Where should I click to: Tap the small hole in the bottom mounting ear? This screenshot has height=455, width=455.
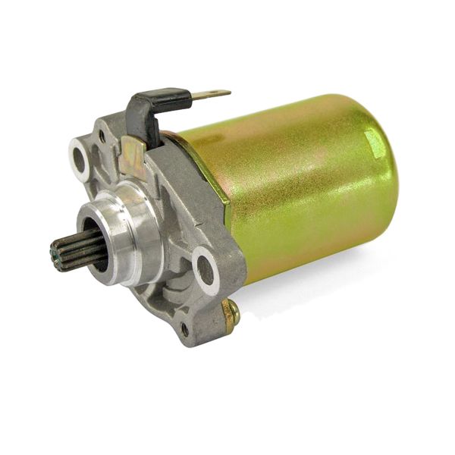pyautogui.click(x=184, y=330)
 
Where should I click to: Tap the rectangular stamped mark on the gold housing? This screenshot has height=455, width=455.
pyautogui.click(x=373, y=140)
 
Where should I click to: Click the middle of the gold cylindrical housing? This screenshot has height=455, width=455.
pyautogui.click(x=296, y=190)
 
